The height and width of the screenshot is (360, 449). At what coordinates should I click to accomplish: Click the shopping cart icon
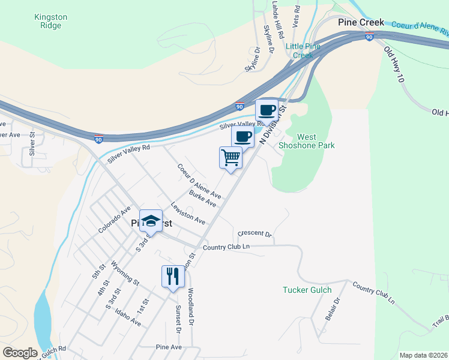pos(231,158)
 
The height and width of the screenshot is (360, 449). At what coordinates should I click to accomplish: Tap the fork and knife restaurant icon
pos(172,277)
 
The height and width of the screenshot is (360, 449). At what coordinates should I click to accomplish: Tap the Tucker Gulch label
pos(307,290)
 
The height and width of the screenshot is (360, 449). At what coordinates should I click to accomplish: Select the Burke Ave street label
pos(202,199)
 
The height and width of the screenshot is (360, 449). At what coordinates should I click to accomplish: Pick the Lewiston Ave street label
pos(187,212)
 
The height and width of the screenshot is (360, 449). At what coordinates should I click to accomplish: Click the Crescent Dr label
pos(255,233)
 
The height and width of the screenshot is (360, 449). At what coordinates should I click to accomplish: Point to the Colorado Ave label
pos(114,220)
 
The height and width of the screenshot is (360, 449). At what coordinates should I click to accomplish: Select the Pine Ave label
pos(168,347)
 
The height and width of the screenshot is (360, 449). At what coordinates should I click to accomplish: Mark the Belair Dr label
pos(333,308)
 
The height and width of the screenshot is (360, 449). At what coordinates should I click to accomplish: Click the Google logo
pos(20,353)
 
